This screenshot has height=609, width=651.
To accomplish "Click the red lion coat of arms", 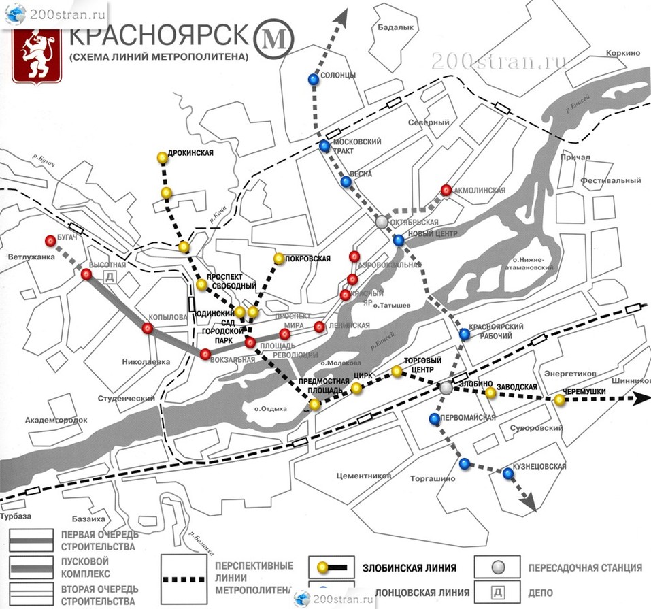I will click(37, 55).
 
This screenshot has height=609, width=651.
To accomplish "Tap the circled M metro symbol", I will click(273, 40).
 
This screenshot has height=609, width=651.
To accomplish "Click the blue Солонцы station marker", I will click(313, 80).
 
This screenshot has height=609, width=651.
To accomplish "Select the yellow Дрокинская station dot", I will click(162, 158).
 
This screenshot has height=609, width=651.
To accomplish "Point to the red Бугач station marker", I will click(50, 240).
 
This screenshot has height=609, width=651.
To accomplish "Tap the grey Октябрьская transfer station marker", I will click(382, 222).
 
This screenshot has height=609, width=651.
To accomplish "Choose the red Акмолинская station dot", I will click(446, 190).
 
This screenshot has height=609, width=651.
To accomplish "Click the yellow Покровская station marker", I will click(278, 259).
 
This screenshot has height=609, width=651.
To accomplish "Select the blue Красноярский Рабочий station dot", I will click(465, 333).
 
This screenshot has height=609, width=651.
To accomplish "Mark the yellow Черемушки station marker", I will click(559, 400).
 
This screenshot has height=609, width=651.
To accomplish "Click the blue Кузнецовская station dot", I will click(507, 474).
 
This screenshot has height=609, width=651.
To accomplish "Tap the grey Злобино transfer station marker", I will click(446, 387).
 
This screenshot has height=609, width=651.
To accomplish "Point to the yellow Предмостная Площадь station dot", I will click(315, 405).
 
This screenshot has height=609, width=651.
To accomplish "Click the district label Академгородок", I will click(56, 420).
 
